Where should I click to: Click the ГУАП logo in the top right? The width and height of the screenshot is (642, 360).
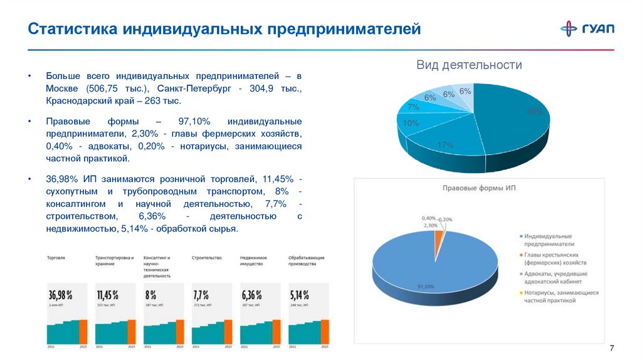pyautogui.click(x=587, y=29)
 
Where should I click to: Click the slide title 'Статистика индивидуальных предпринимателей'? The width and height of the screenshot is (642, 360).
pyautogui.click(x=224, y=29)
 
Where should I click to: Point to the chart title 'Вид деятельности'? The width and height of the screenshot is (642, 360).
pyautogui.click(x=470, y=65)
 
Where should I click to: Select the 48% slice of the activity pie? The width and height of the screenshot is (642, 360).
pyautogui.click(x=514, y=116)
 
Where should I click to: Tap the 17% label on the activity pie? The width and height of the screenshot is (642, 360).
pyautogui.click(x=445, y=145)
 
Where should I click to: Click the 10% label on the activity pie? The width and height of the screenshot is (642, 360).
pyautogui.click(x=411, y=124)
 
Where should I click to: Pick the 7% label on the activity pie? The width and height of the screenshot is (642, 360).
pyautogui.click(x=413, y=107)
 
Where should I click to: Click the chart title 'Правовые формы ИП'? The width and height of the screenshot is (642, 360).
pyautogui.click(x=479, y=188)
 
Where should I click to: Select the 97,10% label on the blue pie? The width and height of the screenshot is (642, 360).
pyautogui.click(x=426, y=287)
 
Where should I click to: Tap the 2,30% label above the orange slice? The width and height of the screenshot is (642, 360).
pyautogui.click(x=430, y=225)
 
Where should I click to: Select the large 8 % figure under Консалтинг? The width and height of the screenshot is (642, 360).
pyautogui.click(x=151, y=294)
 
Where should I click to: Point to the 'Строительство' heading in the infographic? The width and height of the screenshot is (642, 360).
pyautogui.click(x=207, y=258)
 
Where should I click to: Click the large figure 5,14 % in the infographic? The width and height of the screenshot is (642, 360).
pyautogui.click(x=300, y=294)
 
